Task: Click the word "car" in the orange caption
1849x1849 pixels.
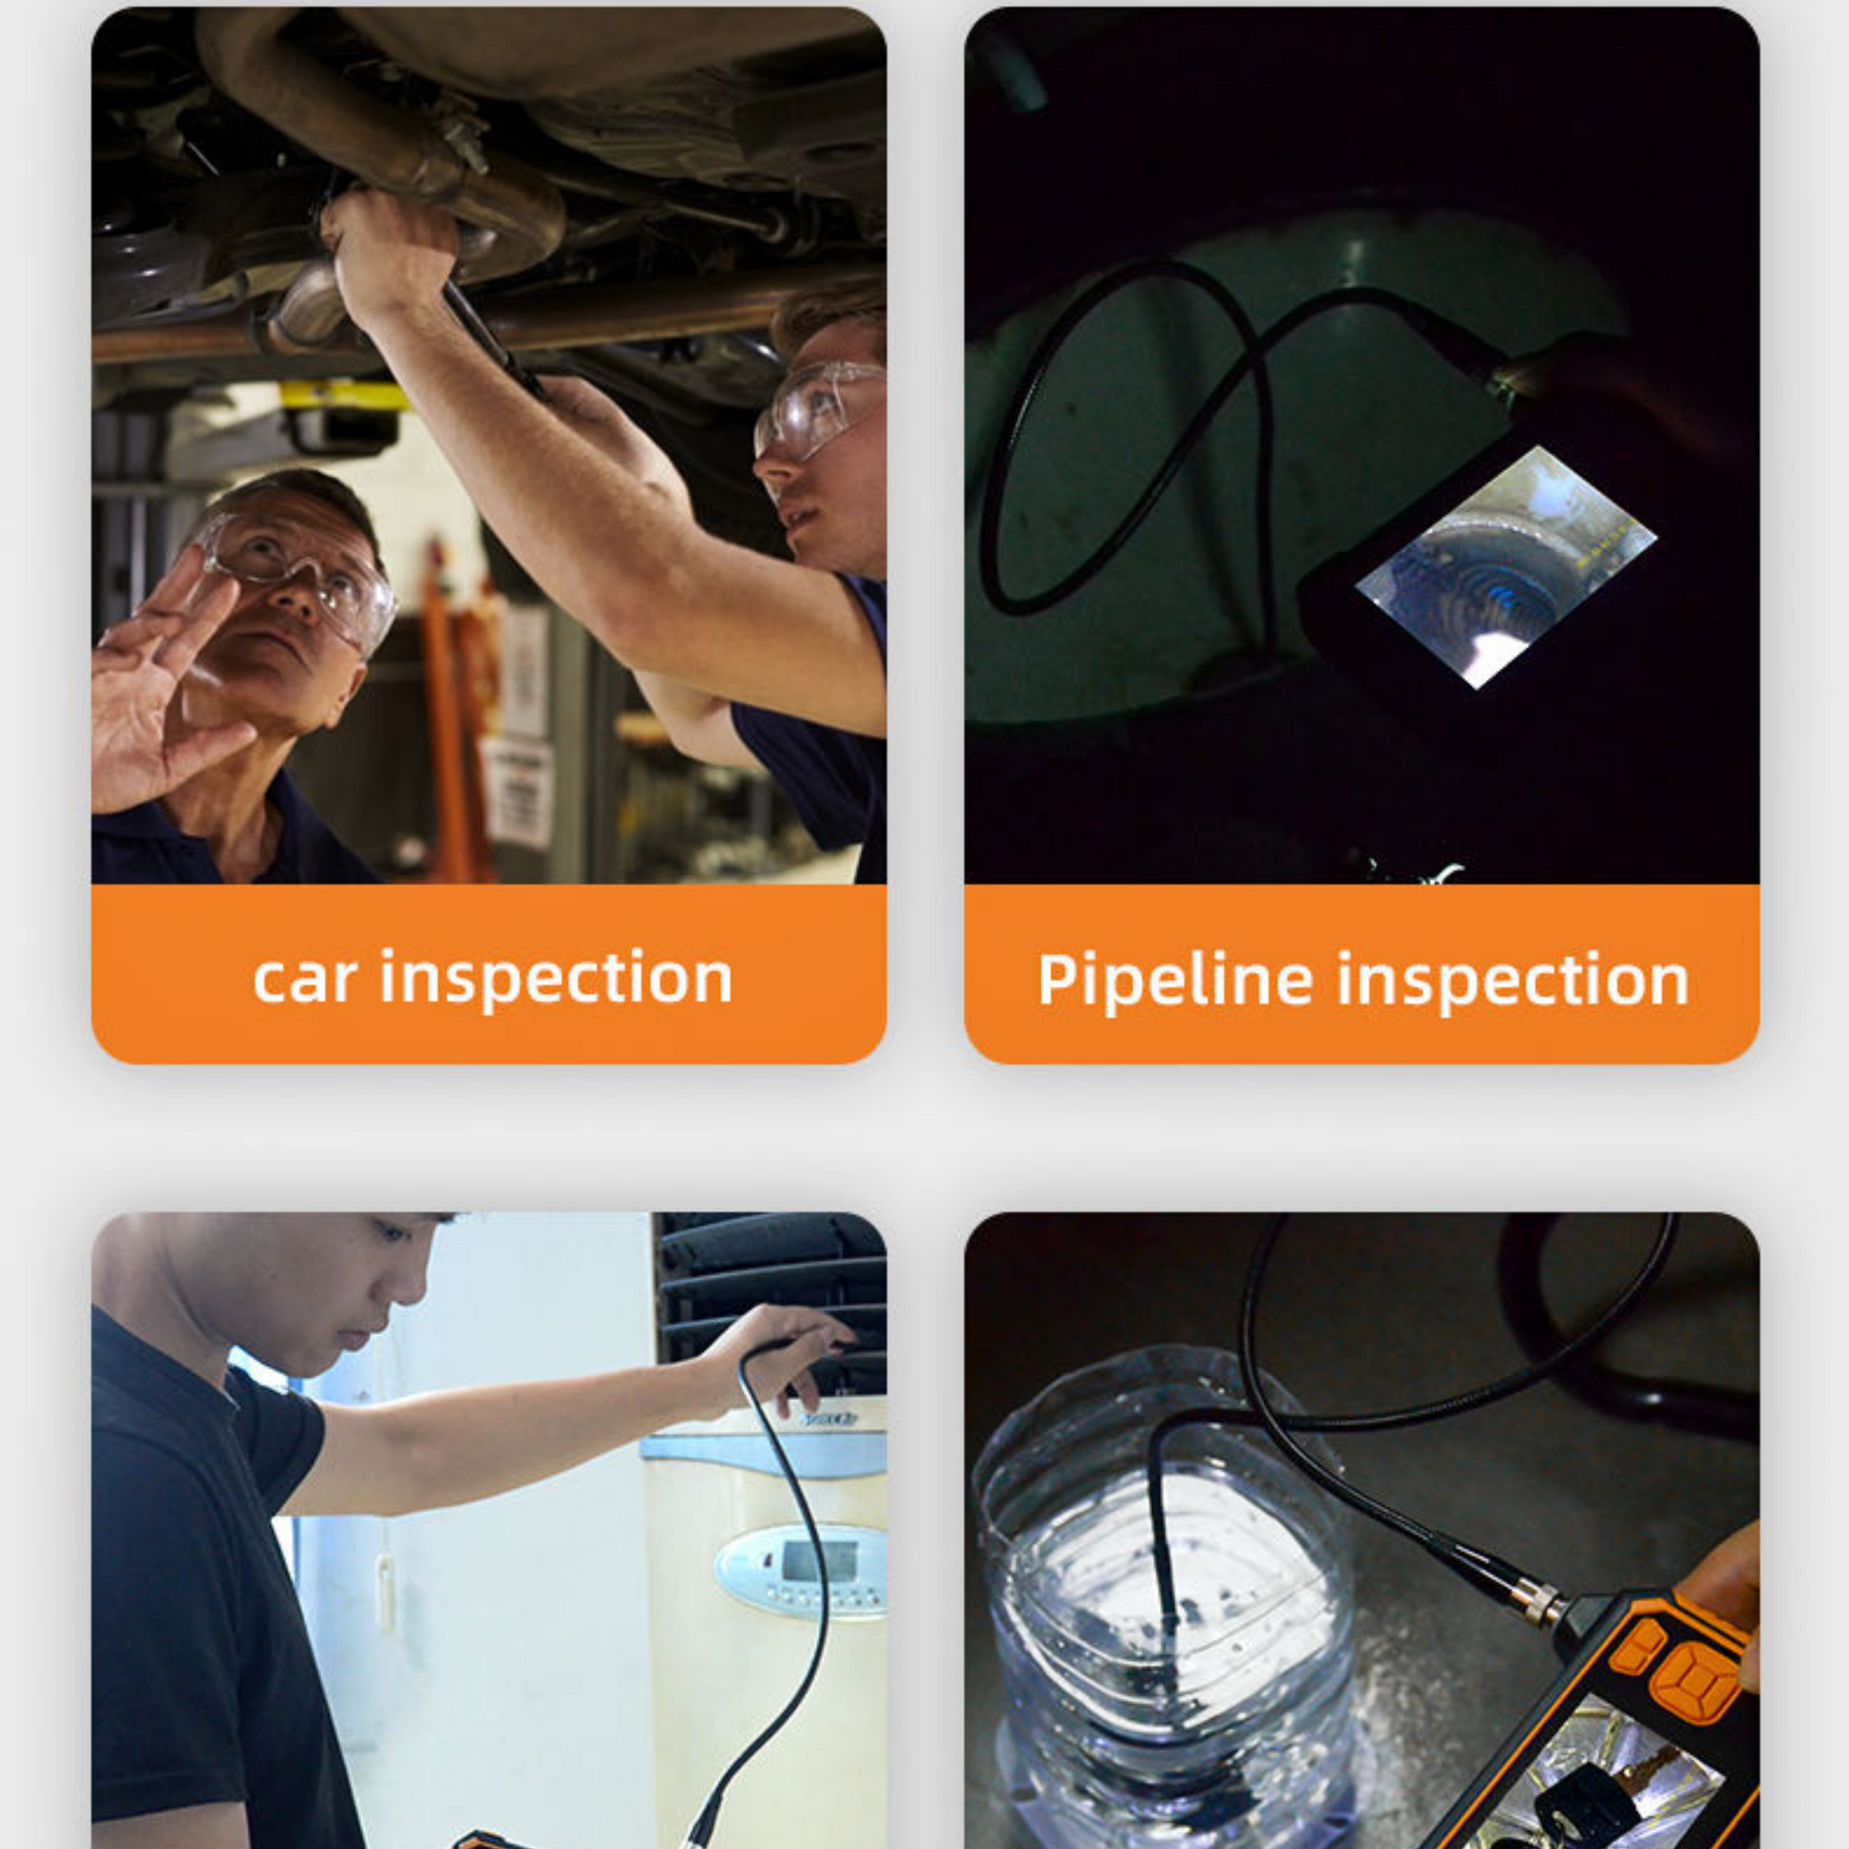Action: [x=305, y=978]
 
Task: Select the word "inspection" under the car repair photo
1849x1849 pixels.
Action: [x=557, y=980]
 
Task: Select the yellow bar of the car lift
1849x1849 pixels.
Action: [x=345, y=396]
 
